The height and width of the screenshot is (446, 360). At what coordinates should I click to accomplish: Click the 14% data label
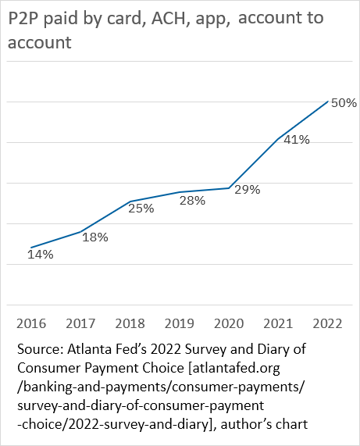click(x=41, y=255)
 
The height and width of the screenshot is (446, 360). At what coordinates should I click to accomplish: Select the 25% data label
click(x=142, y=209)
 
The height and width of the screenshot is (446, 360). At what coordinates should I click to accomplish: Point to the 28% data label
click(x=192, y=200)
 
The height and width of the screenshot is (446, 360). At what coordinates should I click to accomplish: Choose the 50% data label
click(x=343, y=102)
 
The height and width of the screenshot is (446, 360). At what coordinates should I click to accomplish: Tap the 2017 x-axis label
click(x=80, y=323)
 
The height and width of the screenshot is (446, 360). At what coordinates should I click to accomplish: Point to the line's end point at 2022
click(x=326, y=101)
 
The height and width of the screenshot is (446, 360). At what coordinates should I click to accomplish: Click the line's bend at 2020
click(x=228, y=187)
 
